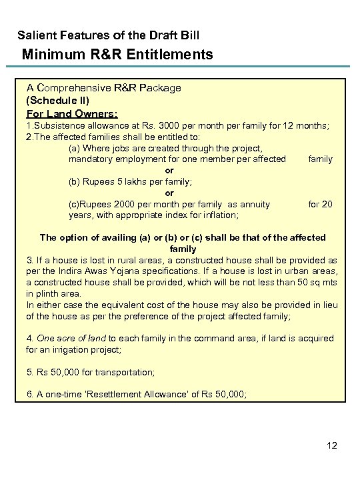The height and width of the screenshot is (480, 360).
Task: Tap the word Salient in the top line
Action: [35, 34]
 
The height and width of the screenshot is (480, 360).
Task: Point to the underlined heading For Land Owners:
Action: [72, 112]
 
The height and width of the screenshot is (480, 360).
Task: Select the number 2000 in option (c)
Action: [128, 205]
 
